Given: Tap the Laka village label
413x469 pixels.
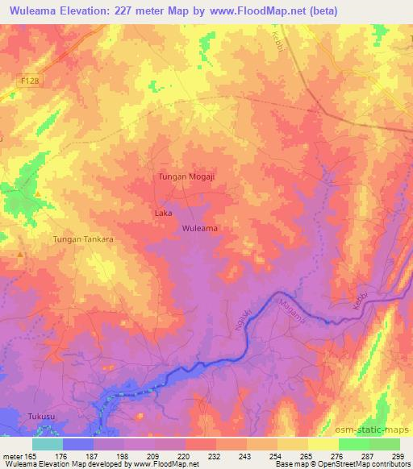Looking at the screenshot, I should (162, 214).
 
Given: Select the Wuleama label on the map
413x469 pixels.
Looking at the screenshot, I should (200, 228).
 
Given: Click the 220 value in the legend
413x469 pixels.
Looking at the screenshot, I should (185, 456).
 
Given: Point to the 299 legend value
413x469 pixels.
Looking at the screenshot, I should (399, 456).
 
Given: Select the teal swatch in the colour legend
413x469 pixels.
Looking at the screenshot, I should (48, 444).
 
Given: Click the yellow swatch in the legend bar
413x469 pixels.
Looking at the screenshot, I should (323, 444).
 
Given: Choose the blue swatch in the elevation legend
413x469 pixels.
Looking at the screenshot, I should (78, 444).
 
